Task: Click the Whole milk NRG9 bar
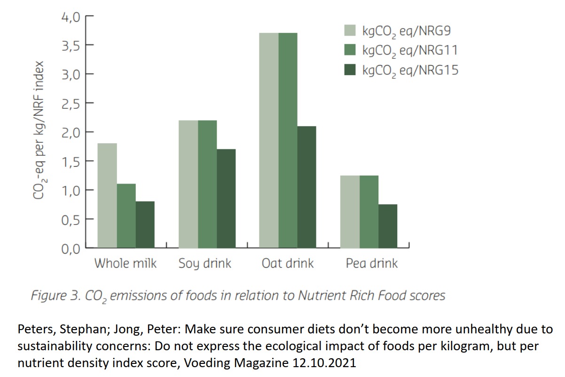click(108, 195)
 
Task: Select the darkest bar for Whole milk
click(145, 224)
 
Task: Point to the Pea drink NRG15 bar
click(388, 226)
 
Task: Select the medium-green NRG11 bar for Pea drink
click(369, 211)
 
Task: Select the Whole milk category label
click(126, 263)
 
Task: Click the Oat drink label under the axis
click(288, 263)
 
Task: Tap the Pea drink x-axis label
click(371, 263)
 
